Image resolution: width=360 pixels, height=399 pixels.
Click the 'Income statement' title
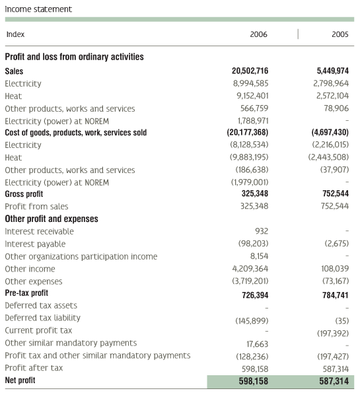38,9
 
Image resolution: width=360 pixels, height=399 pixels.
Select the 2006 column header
258,34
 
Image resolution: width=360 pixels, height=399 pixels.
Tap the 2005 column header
340,34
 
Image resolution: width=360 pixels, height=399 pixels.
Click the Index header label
15,34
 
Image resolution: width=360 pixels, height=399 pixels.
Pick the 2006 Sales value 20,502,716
250,71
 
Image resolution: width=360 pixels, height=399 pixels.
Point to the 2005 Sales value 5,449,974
332,71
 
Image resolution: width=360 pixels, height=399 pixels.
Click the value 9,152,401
252,96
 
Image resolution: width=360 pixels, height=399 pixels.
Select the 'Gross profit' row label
24,194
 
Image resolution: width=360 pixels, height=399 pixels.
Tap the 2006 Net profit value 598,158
253,381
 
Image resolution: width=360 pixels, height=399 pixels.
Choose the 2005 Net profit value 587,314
334,381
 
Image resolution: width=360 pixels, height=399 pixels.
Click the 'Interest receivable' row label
39,231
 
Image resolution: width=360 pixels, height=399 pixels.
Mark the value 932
262,231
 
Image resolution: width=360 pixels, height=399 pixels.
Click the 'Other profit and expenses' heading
52,219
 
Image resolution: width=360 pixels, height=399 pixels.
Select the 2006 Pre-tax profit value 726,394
255,295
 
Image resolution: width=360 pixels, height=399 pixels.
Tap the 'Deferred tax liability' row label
42,318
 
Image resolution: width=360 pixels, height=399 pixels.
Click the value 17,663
257,344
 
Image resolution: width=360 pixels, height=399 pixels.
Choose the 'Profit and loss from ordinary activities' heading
74,57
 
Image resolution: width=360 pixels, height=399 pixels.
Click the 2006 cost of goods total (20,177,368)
248,132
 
